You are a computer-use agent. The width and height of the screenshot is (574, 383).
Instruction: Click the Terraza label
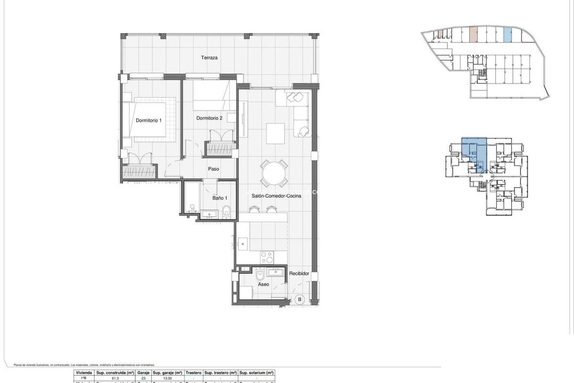click(x=209, y=57)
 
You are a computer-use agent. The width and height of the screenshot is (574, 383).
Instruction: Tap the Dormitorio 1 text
click(x=148, y=120)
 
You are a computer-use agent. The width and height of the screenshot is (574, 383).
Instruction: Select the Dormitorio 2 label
click(x=209, y=118)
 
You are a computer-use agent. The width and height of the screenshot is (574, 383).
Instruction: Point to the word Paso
click(x=214, y=169)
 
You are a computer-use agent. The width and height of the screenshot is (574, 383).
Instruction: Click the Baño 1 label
click(x=213, y=198)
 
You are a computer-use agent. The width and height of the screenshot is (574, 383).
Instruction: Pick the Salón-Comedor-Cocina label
click(x=276, y=196)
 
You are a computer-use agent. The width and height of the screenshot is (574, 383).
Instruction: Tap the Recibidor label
click(x=299, y=273)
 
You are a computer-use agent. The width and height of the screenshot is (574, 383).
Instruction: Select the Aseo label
click(x=264, y=285)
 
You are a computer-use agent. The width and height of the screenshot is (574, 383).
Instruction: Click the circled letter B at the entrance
click(x=299, y=299)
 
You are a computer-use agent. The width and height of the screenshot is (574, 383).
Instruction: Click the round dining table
click(x=274, y=172)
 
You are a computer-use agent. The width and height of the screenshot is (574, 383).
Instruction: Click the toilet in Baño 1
click(x=225, y=211)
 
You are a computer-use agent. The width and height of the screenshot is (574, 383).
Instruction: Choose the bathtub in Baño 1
click(x=191, y=198)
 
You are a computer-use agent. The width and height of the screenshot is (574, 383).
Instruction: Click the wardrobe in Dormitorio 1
click(x=139, y=172)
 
